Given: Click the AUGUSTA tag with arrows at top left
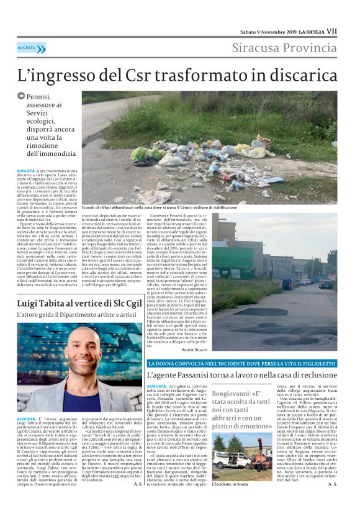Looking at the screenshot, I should [x=31, y=48].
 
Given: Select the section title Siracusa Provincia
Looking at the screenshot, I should [x=285, y=48].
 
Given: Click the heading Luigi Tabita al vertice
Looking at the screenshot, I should [x=71, y=303].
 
